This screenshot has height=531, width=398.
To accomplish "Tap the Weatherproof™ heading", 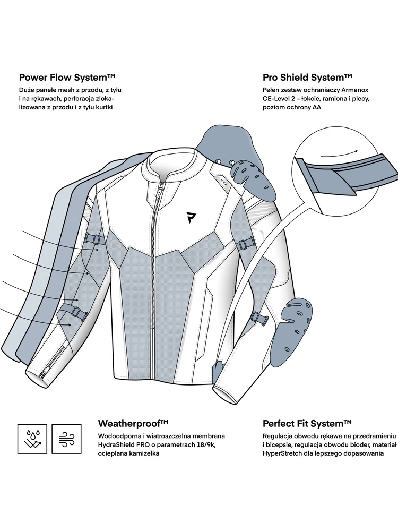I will point(133,423).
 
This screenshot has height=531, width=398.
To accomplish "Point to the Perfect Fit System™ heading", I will point(307,423).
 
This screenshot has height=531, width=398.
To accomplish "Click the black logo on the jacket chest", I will point(191,217).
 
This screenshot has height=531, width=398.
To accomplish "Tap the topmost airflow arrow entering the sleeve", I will point(58,237).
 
